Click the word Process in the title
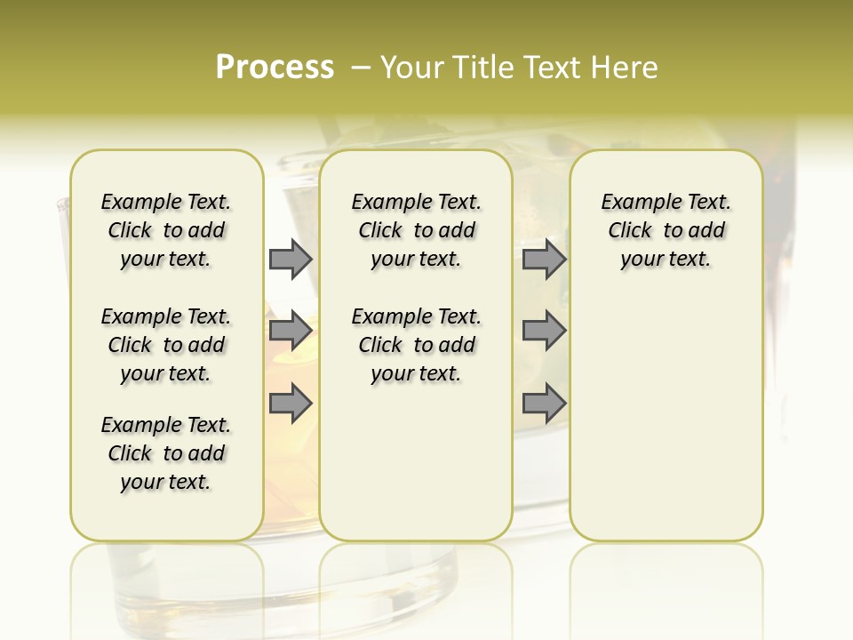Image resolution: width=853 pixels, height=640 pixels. pos(275,68)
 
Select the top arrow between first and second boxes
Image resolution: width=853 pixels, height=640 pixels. pos(291,259)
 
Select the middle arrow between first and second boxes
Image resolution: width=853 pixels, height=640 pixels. pos(291,331)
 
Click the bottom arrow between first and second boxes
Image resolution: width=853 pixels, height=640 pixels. pos(291,403)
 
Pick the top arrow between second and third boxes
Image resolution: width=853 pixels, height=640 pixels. pos(544,259)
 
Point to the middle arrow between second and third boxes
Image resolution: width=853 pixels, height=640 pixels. pos(544,331)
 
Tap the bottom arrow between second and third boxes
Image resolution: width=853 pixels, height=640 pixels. pos(544,403)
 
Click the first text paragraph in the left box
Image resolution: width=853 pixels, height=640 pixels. pos(166,230)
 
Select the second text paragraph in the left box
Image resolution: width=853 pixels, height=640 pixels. pos(166,345)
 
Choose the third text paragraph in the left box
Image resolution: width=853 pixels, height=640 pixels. pos(166,453)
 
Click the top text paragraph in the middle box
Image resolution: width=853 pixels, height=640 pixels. pos(416,230)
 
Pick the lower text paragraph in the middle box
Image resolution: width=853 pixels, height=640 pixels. pos(416,345)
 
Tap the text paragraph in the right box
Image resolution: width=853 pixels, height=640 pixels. pos(666,230)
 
